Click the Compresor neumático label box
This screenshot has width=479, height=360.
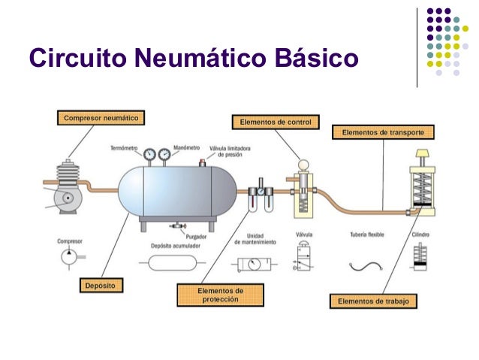click(100, 118)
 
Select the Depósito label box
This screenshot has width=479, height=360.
click(101, 286)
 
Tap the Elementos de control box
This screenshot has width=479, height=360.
click(276, 121)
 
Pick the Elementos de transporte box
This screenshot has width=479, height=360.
click(383, 133)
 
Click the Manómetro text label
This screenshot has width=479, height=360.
click(185, 147)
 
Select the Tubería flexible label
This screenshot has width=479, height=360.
click(367, 235)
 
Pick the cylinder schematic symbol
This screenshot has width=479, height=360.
click(418, 261)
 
